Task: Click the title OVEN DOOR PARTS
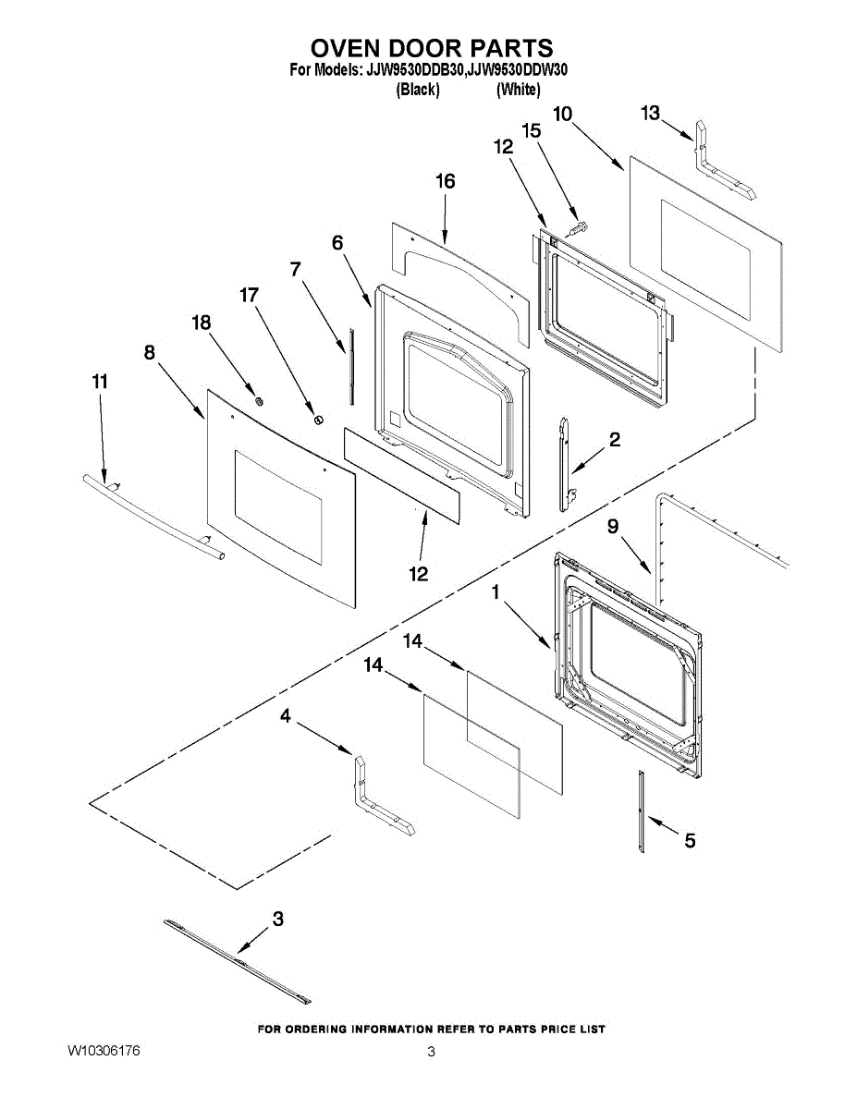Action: pyautogui.click(x=431, y=48)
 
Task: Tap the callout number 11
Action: pyautogui.click(x=100, y=382)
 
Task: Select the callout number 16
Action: pyautogui.click(x=446, y=181)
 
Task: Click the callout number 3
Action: pyautogui.click(x=277, y=919)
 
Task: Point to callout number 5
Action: pyautogui.click(x=690, y=840)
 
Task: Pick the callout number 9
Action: pyautogui.click(x=613, y=526)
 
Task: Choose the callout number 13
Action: pyautogui.click(x=651, y=113)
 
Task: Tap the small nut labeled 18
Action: pyautogui.click(x=260, y=400)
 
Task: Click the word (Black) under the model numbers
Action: pyautogui.click(x=417, y=90)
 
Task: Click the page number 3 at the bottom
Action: pyautogui.click(x=431, y=1053)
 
